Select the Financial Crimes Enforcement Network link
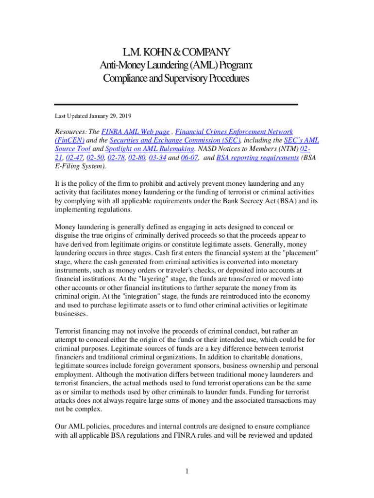pyautogui.click(x=234, y=132)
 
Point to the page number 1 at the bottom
pyautogui.click(x=187, y=471)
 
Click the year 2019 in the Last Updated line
pyautogui.click(x=122, y=116)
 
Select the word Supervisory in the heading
pyautogui.click(x=183, y=78)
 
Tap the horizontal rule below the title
pyautogui.click(x=175, y=105)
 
